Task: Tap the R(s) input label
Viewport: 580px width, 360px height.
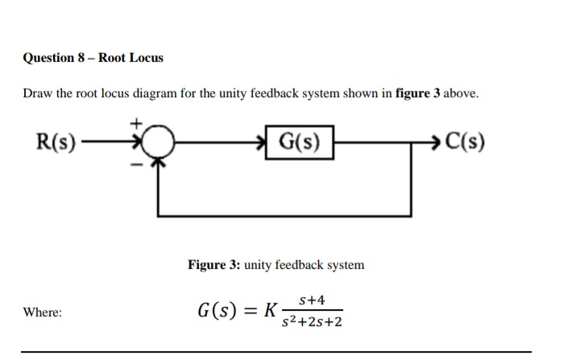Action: [57, 144]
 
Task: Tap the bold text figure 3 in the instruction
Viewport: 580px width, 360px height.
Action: [417, 93]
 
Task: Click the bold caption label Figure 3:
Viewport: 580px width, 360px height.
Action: [213, 264]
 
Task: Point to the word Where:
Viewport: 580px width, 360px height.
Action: [42, 312]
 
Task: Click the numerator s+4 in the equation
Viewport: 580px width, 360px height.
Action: [312, 300]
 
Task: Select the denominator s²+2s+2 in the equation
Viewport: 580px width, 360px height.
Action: [313, 322]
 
